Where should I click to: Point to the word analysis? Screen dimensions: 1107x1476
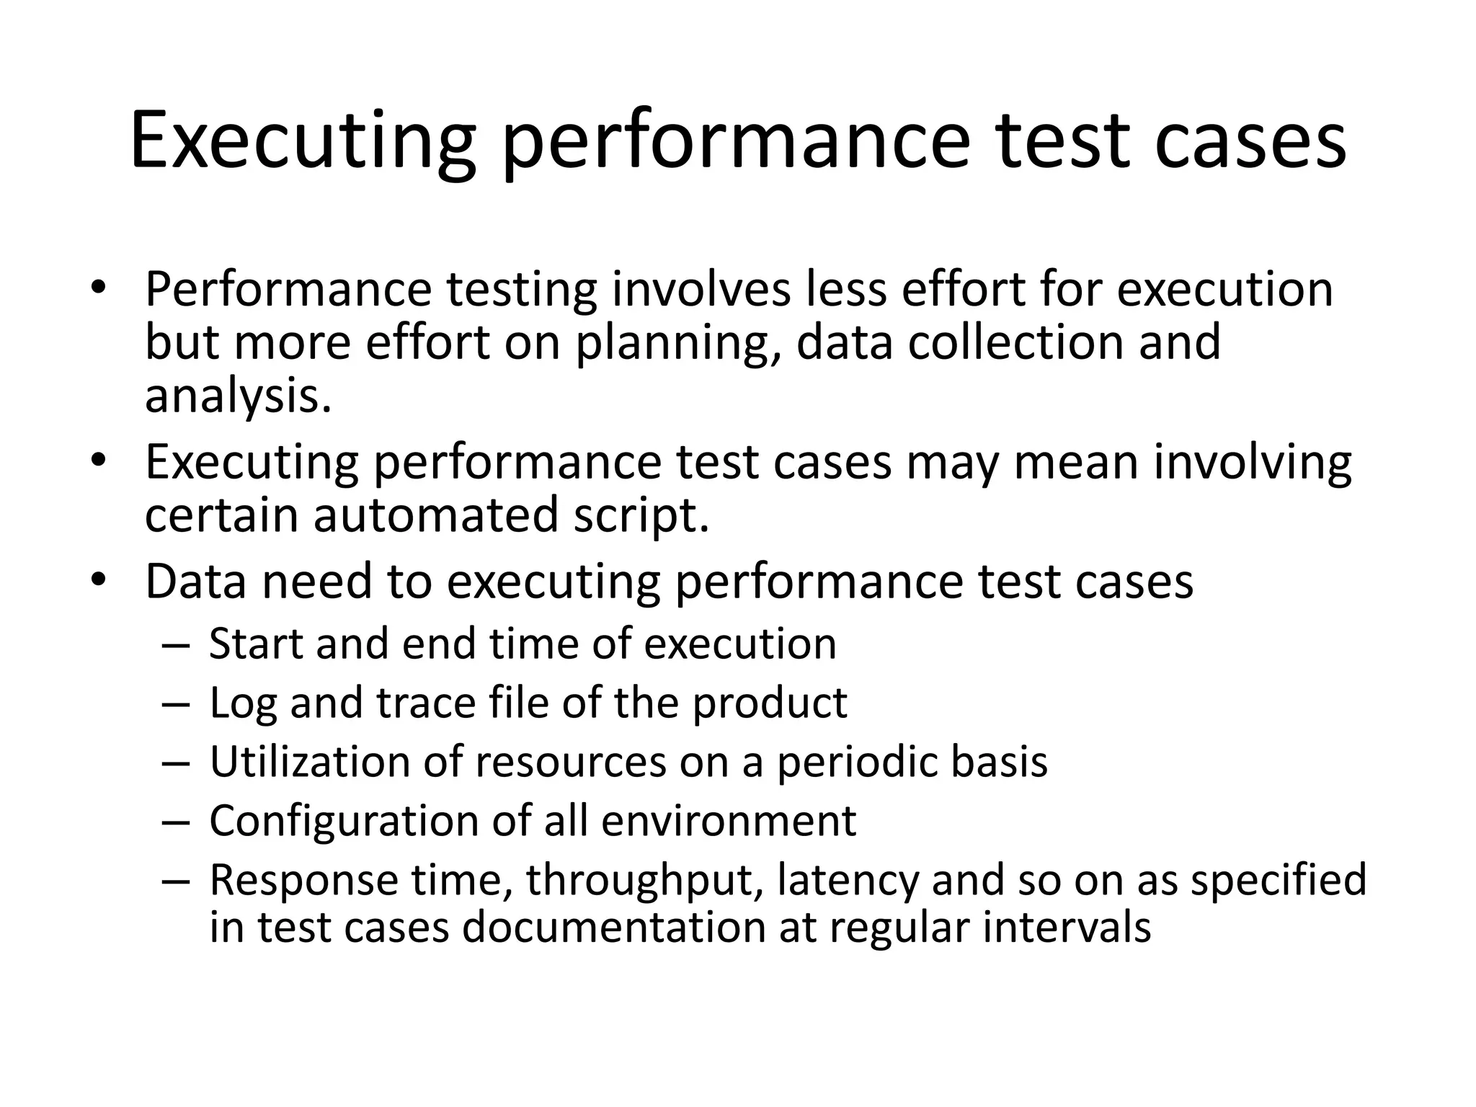[238, 396]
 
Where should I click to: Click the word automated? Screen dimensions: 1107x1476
[436, 515]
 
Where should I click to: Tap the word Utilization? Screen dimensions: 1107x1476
[310, 762]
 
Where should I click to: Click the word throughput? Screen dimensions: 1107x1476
[644, 881]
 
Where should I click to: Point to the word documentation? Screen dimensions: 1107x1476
[613, 927]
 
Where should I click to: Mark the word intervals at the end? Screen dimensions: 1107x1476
[1067, 927]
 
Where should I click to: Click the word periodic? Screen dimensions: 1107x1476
[857, 762]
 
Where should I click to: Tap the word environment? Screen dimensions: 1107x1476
[729, 821]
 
